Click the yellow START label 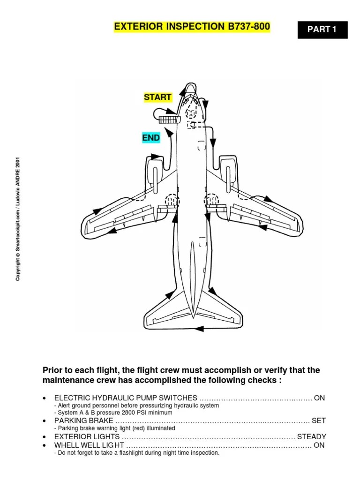click(x=157, y=97)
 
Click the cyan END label click(x=151, y=138)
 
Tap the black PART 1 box click(x=322, y=30)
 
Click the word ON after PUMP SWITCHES click(x=319, y=398)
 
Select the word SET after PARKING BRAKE click(x=318, y=420)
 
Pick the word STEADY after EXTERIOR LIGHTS click(x=311, y=436)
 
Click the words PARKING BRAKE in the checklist click(x=84, y=420)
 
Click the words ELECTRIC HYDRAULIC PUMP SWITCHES click(x=126, y=398)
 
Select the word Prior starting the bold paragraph click(x=53, y=370)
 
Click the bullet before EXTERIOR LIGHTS click(x=44, y=437)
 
